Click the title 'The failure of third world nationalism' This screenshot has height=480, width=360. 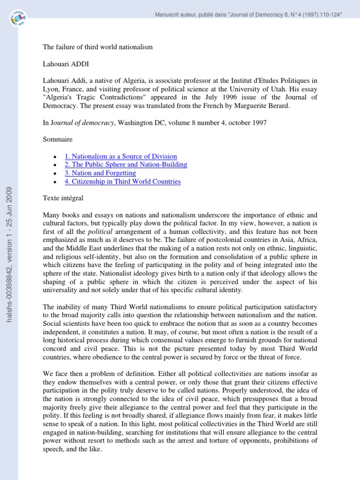pos(97,47)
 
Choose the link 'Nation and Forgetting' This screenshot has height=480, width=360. pos(101,173)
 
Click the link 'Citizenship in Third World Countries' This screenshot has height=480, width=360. pos(122,181)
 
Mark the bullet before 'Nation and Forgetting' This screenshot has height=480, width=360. pos(55,173)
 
